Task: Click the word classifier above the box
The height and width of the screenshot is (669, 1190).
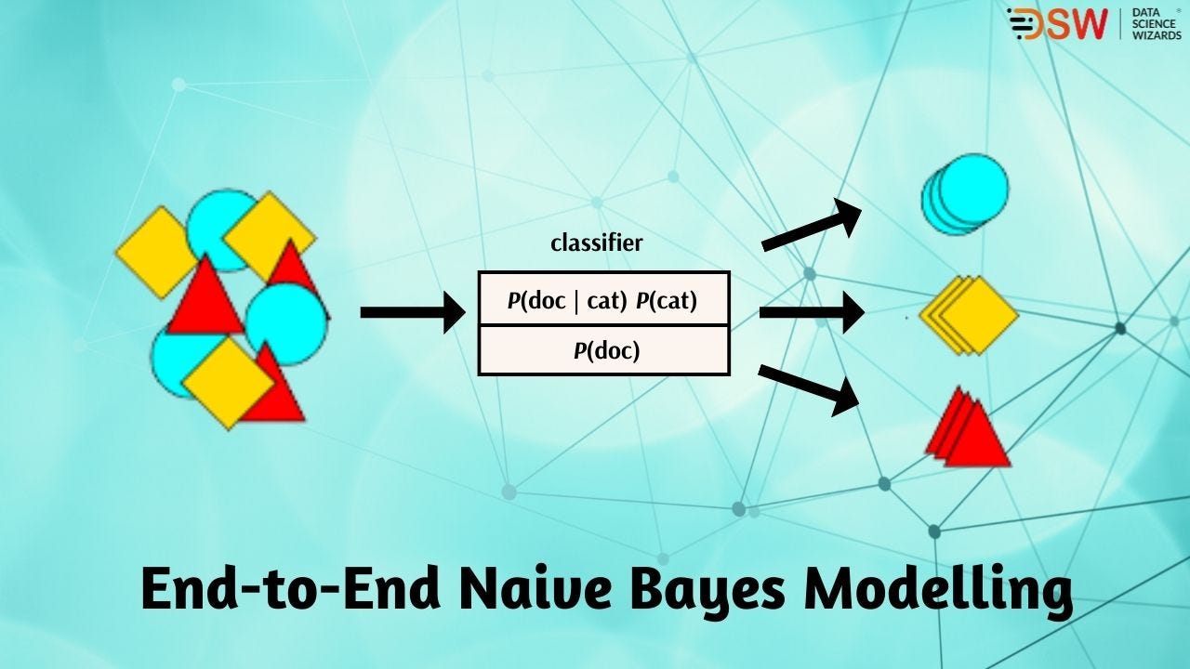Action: click(x=596, y=243)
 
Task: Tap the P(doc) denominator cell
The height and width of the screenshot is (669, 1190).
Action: click(x=604, y=350)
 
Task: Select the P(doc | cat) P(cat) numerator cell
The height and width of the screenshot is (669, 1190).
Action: click(x=604, y=299)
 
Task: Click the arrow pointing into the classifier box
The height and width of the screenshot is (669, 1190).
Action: click(x=413, y=312)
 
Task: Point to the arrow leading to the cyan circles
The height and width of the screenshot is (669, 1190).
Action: click(x=812, y=225)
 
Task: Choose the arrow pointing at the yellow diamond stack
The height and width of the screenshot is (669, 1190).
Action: click(x=812, y=312)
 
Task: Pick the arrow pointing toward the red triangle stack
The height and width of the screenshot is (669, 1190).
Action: click(x=809, y=389)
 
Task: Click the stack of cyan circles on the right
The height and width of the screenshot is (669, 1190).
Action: click(x=965, y=194)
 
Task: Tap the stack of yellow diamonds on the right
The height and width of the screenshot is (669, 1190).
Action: click(x=969, y=315)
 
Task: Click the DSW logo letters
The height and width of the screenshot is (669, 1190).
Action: click(x=1057, y=24)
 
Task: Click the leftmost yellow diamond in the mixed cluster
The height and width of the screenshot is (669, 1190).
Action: click(x=154, y=253)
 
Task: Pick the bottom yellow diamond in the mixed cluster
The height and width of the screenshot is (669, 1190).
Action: click(x=229, y=384)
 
